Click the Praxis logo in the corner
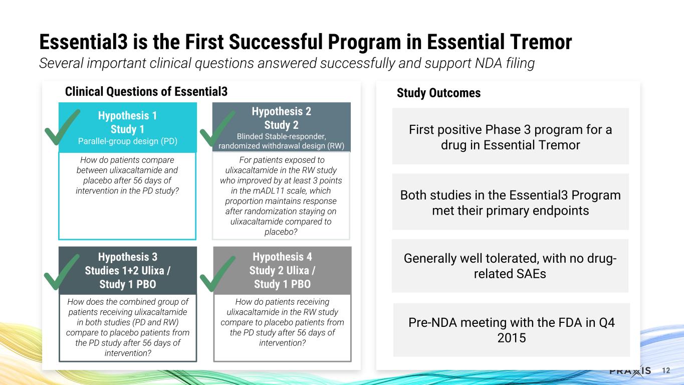pos(630,371)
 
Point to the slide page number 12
pos(666,371)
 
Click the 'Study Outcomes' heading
pos(438,93)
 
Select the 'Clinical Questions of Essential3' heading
pos(146,92)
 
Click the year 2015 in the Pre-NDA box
pos(511,338)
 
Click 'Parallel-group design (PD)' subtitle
pos(128,140)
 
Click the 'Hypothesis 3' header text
pos(128,257)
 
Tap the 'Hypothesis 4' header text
pos(282,257)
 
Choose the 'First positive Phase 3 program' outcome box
pos(510,137)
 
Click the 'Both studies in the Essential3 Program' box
pos(510,202)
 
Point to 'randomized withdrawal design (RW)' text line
pos(282,146)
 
